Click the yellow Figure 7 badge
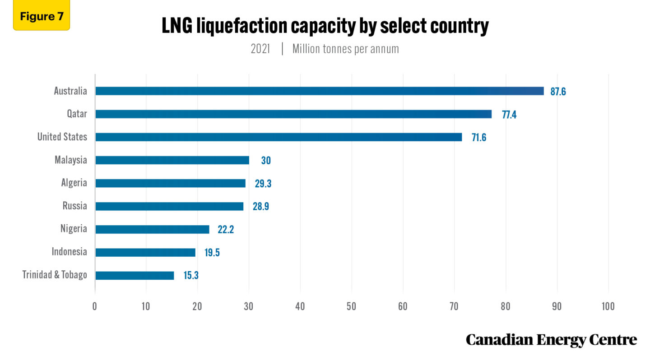[x=42, y=17]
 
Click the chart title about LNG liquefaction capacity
[x=325, y=27]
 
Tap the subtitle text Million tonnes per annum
[x=345, y=49]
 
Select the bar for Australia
[x=319, y=91]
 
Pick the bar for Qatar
[x=293, y=114]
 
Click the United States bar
[x=279, y=137]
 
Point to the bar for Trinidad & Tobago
[x=135, y=275]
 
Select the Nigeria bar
[x=152, y=229]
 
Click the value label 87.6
[x=558, y=92]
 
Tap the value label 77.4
[x=509, y=115]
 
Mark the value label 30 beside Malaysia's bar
[x=266, y=161]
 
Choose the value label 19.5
[x=212, y=252]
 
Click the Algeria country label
[x=74, y=183]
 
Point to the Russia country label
[x=74, y=206]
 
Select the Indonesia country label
[x=69, y=252]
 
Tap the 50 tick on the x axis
[x=351, y=306]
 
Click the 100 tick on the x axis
[x=608, y=306]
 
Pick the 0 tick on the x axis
[x=95, y=306]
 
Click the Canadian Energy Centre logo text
[x=551, y=340]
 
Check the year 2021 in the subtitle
[x=260, y=49]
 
